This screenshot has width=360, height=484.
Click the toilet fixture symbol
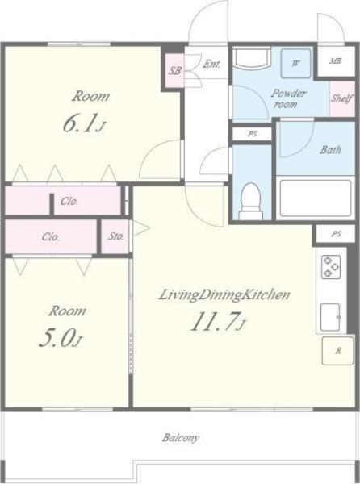click(x=251, y=201)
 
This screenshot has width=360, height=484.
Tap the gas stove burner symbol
click(x=331, y=267)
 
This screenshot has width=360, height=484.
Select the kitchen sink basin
click(x=330, y=317)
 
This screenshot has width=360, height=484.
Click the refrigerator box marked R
click(x=337, y=351)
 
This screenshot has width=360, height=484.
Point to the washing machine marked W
click(x=295, y=63)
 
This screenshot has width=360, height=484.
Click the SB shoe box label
click(x=174, y=71)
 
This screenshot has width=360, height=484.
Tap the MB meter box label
click(x=336, y=60)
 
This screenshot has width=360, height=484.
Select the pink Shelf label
click(x=341, y=98)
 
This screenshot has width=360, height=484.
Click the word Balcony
click(x=181, y=438)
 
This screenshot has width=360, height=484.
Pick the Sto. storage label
click(x=115, y=236)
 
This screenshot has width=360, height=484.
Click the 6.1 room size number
click(x=82, y=123)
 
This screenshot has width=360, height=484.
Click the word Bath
click(x=330, y=150)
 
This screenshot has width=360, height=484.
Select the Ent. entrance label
click(x=211, y=64)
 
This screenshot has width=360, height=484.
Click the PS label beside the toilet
click(x=253, y=134)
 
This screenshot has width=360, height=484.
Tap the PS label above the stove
click(x=336, y=234)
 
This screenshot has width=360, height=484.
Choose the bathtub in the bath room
click(x=316, y=198)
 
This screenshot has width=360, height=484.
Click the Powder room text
click(x=288, y=98)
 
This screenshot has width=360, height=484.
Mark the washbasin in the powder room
click(x=251, y=58)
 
